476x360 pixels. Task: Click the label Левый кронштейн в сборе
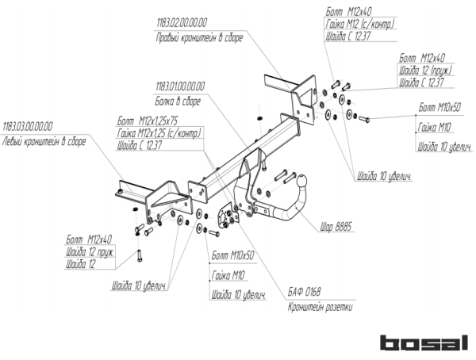[x=43, y=141]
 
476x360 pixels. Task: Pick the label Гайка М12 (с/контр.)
[x=360, y=24]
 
